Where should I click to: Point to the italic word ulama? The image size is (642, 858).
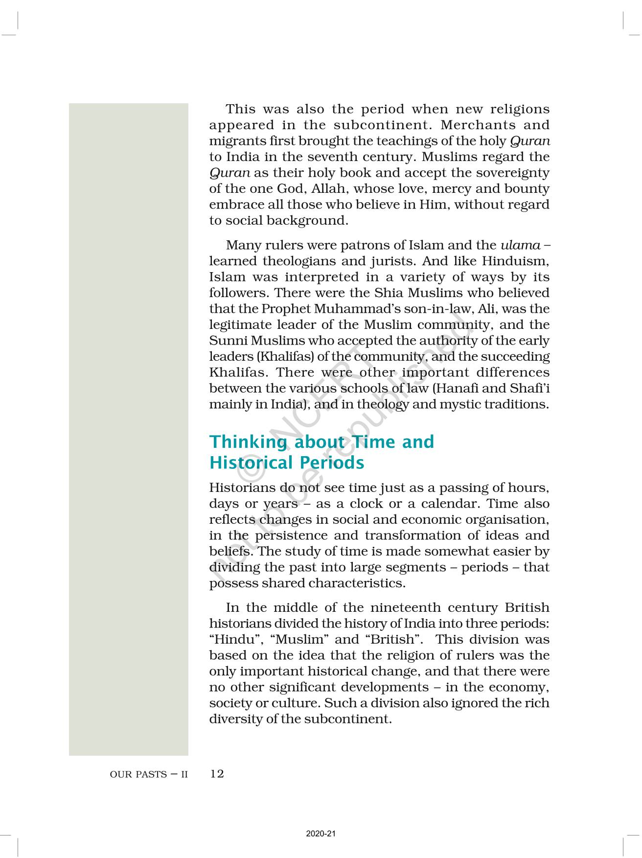[520, 245]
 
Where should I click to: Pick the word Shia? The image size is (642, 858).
[389, 293]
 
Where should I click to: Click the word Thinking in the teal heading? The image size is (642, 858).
[248, 442]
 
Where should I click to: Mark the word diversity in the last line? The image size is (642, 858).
[236, 719]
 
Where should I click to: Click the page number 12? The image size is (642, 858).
[217, 774]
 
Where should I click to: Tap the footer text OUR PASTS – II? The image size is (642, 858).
[149, 775]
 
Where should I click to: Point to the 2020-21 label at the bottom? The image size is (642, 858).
[321, 834]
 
